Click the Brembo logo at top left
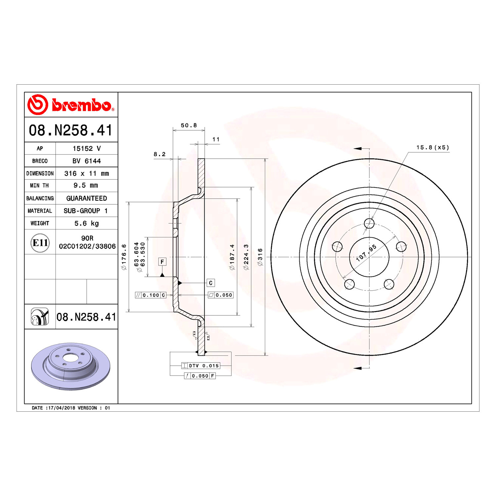[71, 104]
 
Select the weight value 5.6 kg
[87, 223]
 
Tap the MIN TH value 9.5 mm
[86, 186]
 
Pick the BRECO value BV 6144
[87, 161]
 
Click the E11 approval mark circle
[40, 243]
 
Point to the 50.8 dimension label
[189, 125]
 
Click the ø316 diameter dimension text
[260, 257]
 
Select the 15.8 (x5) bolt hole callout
[433, 147]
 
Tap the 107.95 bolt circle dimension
[366, 253]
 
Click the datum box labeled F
[162, 262]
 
